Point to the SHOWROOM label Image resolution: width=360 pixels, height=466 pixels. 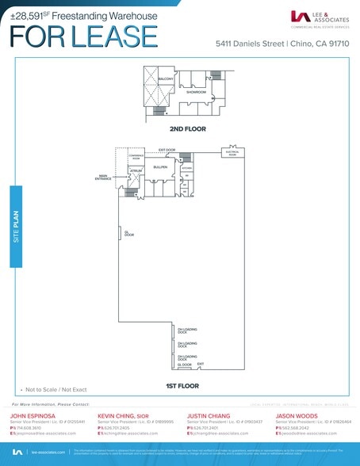196,92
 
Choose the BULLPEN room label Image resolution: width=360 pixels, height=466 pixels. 160,167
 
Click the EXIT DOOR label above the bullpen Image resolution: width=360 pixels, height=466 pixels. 167,149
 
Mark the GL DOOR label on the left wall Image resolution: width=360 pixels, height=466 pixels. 128,234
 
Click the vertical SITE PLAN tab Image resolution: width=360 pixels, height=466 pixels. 15,226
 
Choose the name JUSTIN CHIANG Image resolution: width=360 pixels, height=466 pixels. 209,414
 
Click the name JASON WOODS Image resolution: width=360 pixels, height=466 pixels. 297,414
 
